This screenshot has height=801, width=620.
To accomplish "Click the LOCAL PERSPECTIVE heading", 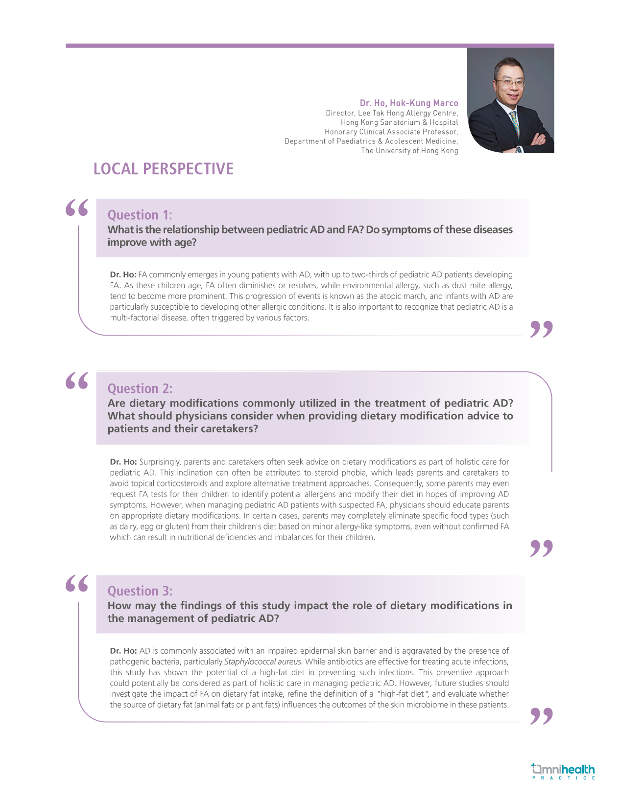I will [163, 169].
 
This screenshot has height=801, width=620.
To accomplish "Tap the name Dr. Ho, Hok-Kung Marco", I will [409, 103].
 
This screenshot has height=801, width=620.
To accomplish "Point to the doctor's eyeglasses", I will [510, 81].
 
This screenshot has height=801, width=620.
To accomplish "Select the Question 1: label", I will [140, 215].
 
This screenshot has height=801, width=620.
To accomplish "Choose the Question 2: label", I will [140, 389].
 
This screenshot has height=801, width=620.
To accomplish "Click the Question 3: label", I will [140, 591].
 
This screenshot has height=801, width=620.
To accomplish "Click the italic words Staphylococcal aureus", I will [263, 662].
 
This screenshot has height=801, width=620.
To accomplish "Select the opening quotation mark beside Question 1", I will [77, 208].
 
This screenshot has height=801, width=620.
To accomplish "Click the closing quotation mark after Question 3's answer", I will [541, 716].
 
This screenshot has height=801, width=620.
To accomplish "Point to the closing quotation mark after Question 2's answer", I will [541, 549].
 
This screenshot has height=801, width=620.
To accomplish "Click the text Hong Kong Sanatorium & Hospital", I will [399, 122].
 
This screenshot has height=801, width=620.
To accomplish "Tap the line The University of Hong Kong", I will [409, 151].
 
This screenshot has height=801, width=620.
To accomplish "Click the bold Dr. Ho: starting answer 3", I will [123, 651].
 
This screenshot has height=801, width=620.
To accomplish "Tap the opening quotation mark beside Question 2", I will [77, 381].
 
